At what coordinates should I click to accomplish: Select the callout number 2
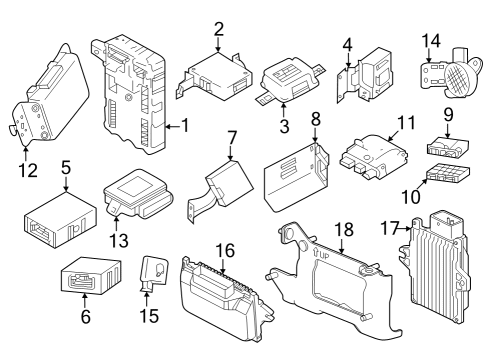tap(218, 29)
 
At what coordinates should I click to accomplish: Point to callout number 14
tap(430, 41)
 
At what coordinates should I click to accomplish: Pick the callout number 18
tap(342, 230)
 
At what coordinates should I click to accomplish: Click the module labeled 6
tap(90, 275)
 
